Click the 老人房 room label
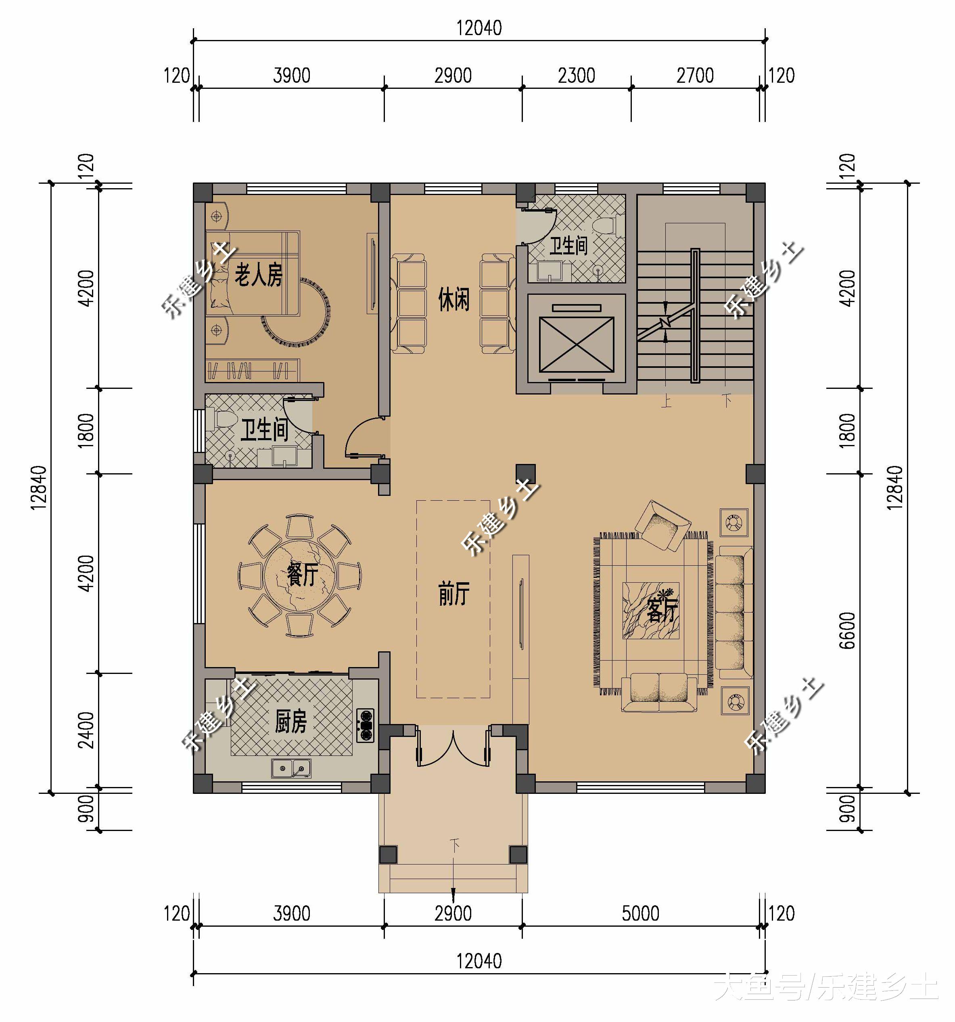[x=258, y=274]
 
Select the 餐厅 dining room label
[x=303, y=574]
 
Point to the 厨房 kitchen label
[x=291, y=721]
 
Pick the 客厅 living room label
[x=663, y=610]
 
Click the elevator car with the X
[x=577, y=344]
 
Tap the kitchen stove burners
[x=366, y=725]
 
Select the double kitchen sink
[x=291, y=768]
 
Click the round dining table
[x=300, y=576]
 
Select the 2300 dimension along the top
[x=577, y=76]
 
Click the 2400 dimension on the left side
[x=86, y=730]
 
